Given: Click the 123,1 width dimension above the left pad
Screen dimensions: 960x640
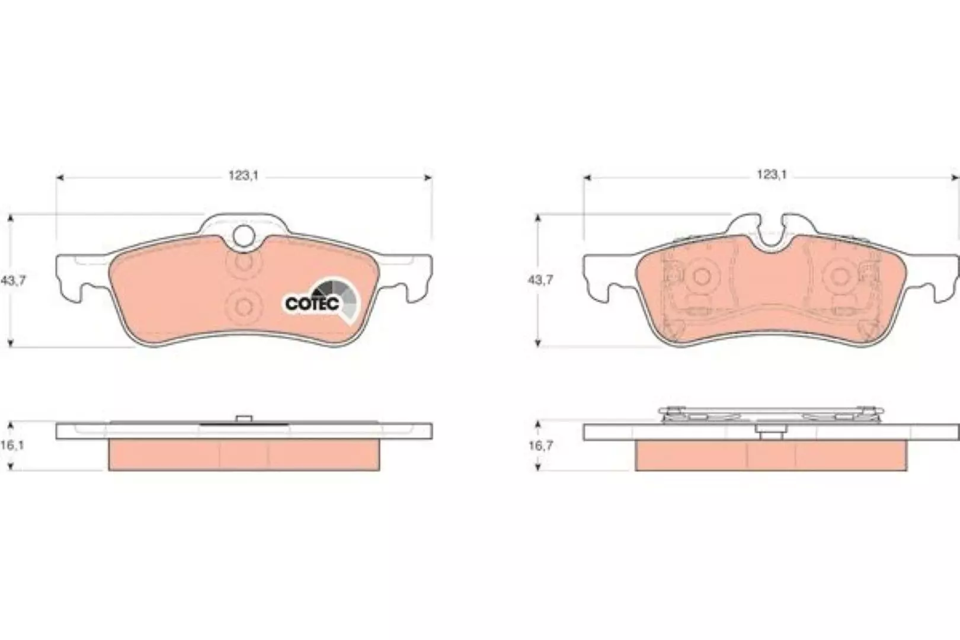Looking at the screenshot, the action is click(244, 175).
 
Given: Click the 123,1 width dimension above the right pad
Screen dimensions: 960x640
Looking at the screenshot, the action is click(772, 174).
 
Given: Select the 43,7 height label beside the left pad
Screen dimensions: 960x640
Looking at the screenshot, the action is click(13, 280).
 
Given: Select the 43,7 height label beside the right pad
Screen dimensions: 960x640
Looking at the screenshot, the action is click(540, 280).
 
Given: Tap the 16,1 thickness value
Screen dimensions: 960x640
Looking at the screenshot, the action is click(12, 446).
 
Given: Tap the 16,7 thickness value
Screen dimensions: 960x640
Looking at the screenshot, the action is click(540, 446).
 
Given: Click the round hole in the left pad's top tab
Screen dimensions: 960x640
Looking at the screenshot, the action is click(244, 236).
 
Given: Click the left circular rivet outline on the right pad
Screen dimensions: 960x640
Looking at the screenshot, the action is click(702, 277).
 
